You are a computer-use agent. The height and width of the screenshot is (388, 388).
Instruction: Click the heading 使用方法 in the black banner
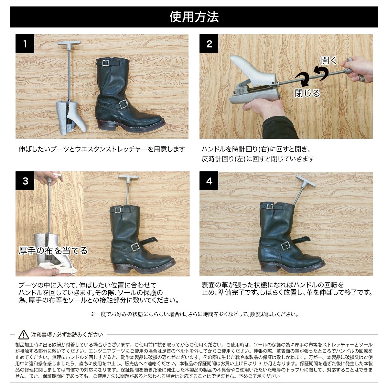tap(194, 16)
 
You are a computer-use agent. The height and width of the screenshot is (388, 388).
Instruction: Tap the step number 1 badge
tap(25, 44)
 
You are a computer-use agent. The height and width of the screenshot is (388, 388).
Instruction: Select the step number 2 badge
tap(209, 44)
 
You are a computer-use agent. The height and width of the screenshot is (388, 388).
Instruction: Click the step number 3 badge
tap(25, 181)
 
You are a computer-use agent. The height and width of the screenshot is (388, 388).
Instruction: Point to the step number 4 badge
tap(209, 181)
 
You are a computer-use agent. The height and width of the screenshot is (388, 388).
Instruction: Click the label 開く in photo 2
tap(329, 60)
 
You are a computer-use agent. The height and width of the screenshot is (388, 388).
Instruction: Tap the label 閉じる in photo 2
tap(307, 93)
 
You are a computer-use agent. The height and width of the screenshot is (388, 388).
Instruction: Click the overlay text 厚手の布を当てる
tap(53, 251)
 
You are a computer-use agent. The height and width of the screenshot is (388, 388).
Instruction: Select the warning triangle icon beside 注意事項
tap(24, 335)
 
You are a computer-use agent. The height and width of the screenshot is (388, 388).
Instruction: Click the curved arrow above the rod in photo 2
tap(320, 71)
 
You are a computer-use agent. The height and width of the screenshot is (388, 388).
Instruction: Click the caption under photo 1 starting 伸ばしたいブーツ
tap(102, 149)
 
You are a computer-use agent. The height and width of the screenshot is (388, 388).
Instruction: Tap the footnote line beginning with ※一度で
tap(194, 314)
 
